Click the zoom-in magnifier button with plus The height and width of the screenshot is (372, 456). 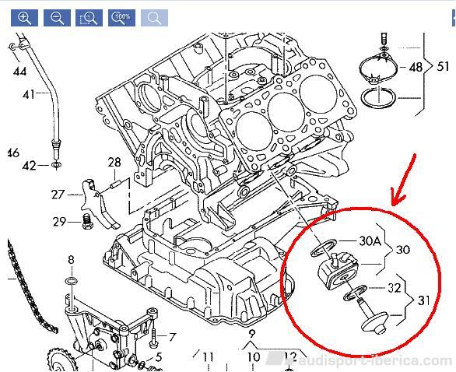(24, 18)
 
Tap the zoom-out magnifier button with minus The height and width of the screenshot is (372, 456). (57, 18)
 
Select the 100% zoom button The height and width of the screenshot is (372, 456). (121, 18)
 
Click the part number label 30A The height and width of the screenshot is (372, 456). (370, 240)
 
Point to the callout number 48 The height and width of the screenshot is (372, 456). (416, 67)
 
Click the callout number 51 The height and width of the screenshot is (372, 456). (443, 67)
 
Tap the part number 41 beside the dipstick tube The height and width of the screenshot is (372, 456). (29, 94)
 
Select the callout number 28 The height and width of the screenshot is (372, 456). (114, 163)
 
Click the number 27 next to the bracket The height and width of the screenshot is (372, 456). (58, 195)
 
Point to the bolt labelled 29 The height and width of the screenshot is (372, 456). (86, 221)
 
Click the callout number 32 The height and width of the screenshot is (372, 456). (395, 288)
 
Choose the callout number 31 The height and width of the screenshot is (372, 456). (423, 300)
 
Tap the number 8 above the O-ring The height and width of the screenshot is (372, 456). (72, 259)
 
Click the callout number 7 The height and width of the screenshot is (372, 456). (173, 337)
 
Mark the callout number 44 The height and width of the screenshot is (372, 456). (19, 72)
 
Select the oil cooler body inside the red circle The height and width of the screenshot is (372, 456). (339, 271)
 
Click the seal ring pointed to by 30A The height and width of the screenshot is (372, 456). (324, 247)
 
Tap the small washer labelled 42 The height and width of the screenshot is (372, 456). (55, 165)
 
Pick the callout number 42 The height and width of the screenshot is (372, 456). (30, 166)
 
